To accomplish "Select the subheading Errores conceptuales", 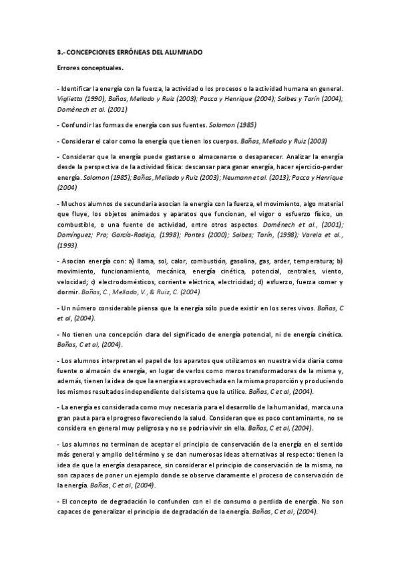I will [x=90, y=68].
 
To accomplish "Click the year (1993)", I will [x=69, y=245].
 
